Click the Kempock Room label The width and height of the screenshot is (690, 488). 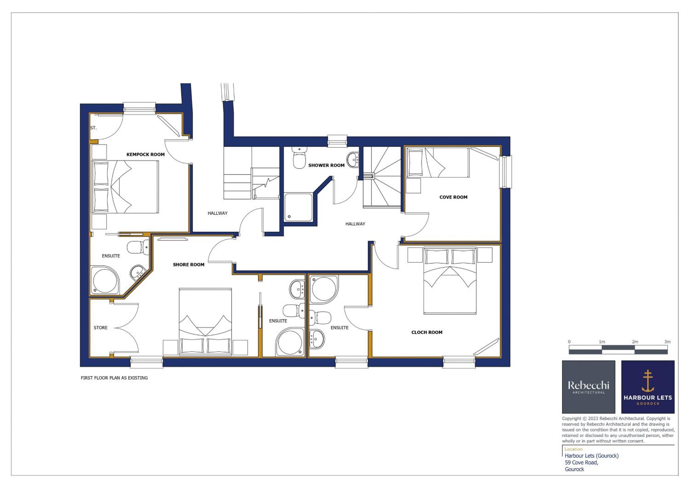pos(145,155)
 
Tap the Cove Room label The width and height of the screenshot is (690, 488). pos(453,197)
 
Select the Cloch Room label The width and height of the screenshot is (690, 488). pos(427,332)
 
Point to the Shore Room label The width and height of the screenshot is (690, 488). pos(188,265)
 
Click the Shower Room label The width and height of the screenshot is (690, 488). pos(326,165)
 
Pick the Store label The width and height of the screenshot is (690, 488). pos(100,327)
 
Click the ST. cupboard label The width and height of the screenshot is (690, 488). pos(93,128)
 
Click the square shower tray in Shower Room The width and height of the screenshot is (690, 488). pos(298,207)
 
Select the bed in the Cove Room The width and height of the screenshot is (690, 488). pos(437,162)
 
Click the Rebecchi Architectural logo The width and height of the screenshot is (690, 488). pos(588,387)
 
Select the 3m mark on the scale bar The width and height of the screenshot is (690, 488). pos(667,342)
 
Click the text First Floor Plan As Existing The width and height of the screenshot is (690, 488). pos(114,378)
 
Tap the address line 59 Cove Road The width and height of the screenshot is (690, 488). pos(581,462)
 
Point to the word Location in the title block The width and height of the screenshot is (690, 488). pos(573,449)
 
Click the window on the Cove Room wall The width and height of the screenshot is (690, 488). pos(506,172)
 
